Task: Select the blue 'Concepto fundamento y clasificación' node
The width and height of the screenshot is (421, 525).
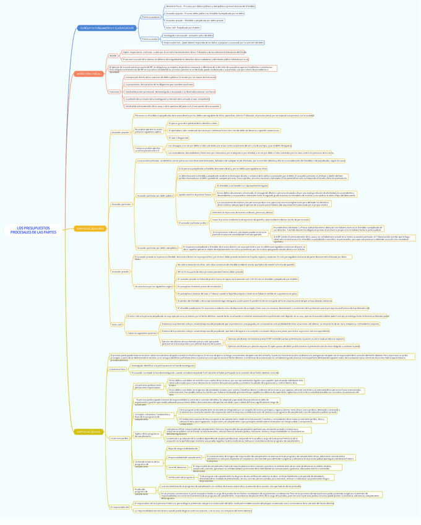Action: click(107, 28)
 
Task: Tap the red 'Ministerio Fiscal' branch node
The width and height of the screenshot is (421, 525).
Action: click(89, 73)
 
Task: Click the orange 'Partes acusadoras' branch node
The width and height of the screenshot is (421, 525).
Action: click(90, 228)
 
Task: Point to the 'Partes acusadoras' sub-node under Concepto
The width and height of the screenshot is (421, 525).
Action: click(150, 17)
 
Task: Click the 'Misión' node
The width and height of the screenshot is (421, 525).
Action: click(113, 56)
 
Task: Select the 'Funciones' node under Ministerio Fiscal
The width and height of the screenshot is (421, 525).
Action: click(114, 92)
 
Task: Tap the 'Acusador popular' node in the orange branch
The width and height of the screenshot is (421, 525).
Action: click(120, 132)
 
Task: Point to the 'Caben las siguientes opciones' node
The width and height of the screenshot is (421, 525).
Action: click(142, 333)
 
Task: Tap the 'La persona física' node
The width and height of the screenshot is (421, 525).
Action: click(117, 369)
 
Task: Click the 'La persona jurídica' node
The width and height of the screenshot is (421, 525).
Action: click(119, 438)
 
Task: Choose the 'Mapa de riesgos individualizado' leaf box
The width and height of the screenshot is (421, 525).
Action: click(184, 448)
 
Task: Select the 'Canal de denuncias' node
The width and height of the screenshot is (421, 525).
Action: click(177, 467)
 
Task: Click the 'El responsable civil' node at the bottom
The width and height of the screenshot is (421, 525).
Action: click(119, 506)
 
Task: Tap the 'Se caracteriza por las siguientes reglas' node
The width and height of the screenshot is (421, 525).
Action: click(154, 287)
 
